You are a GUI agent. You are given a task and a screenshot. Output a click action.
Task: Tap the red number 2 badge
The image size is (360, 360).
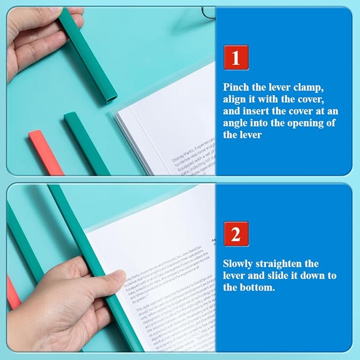[x=236, y=234]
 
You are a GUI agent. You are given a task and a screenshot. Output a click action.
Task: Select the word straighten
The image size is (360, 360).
[x=293, y=264]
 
